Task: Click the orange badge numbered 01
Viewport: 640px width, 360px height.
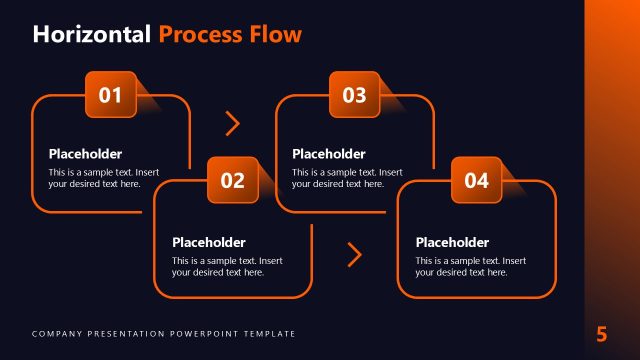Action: (x=110, y=95)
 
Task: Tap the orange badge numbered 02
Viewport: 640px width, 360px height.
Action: (x=232, y=181)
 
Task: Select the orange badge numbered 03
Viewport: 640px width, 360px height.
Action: (x=354, y=95)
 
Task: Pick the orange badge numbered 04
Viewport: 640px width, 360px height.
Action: (x=476, y=181)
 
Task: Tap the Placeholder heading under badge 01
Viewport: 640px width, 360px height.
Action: (x=85, y=154)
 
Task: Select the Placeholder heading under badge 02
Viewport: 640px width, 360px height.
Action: (x=209, y=242)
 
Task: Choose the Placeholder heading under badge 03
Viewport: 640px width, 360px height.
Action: (x=329, y=154)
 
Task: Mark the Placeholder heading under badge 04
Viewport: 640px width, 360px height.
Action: (x=452, y=242)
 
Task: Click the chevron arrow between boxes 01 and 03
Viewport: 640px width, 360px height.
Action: (x=233, y=123)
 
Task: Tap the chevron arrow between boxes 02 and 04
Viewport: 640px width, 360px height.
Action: (x=354, y=254)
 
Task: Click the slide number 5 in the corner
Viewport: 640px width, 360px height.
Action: (x=602, y=334)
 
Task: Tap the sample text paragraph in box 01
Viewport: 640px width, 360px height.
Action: (x=104, y=178)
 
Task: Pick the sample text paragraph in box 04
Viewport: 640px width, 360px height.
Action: (x=470, y=266)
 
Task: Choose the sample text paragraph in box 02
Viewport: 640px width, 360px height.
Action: (x=227, y=266)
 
